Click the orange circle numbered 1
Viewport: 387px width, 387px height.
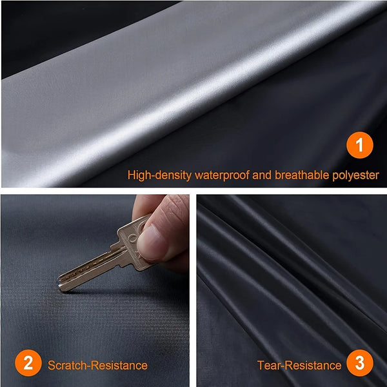pos(359,145)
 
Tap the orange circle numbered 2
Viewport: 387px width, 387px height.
pos(27,364)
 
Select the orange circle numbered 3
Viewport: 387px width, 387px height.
pos(359,364)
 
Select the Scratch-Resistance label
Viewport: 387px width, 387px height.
pos(97,365)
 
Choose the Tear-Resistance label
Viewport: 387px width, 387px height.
pos(298,365)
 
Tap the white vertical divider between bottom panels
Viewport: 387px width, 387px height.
pos(193,290)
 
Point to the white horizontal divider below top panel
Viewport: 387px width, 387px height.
pos(193,191)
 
